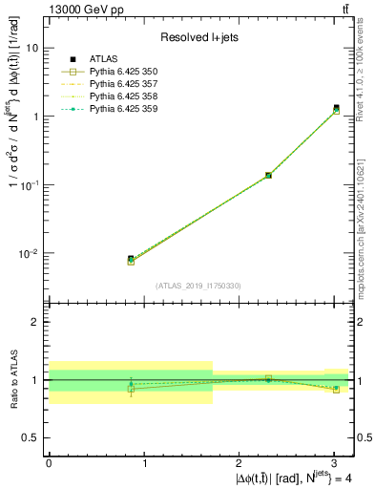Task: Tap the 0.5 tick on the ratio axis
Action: click(x=29, y=437)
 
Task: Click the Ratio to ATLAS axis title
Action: click(x=11, y=379)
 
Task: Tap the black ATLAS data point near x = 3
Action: click(x=336, y=108)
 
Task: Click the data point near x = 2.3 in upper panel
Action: click(x=268, y=175)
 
